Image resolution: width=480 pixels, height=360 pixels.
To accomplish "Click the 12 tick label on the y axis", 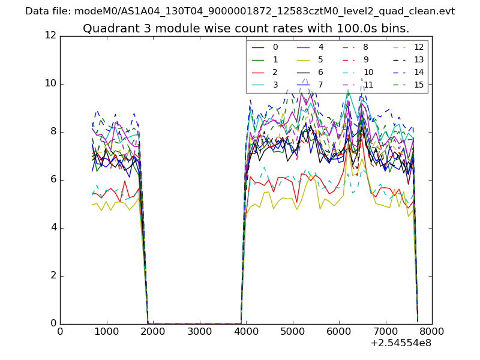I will click(50, 35).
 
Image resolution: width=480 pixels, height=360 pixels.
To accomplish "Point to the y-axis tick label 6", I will click(53, 179).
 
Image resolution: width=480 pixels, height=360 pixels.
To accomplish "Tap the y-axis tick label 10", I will click(50, 83).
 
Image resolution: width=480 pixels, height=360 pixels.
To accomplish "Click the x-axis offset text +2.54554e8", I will click(401, 343).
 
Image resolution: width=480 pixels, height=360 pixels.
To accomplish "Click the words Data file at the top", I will click(46, 11).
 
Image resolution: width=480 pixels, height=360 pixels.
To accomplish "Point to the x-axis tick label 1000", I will click(106, 331).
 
